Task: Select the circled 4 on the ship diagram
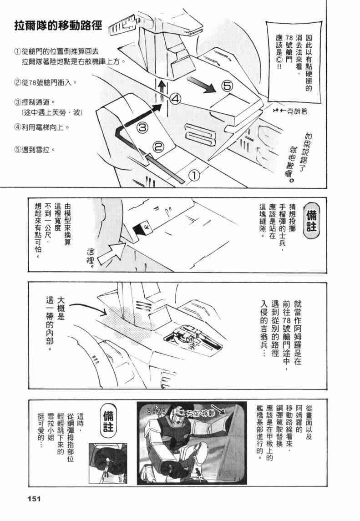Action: coord(177,98)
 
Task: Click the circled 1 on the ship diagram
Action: coord(193,175)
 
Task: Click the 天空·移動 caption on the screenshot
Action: coord(202,414)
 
